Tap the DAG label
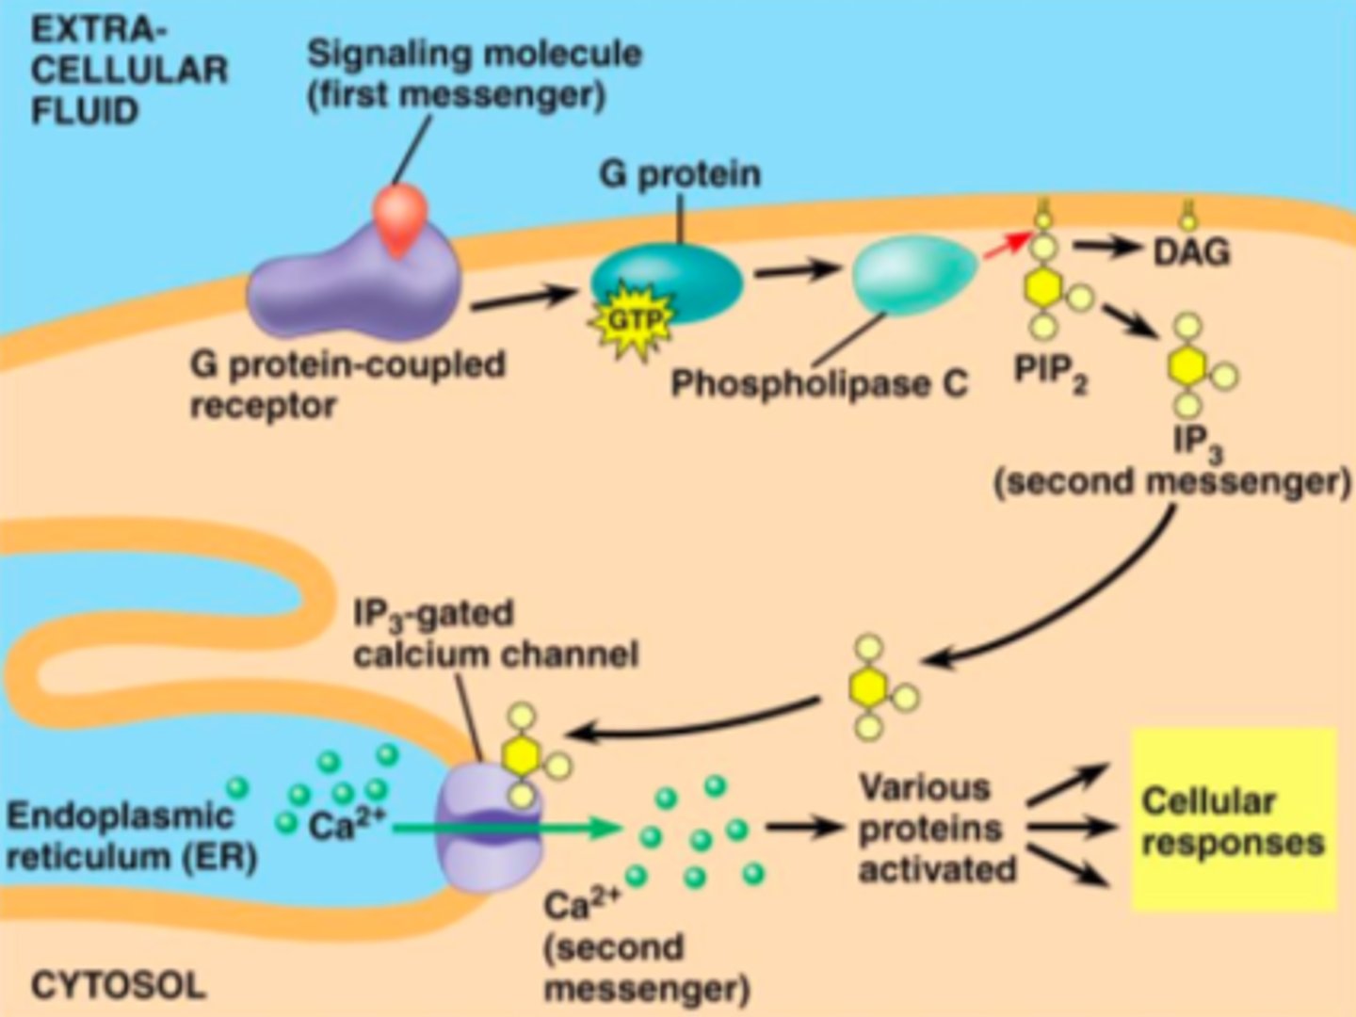coord(1191,252)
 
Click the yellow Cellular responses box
coord(1233,820)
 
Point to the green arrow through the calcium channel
coord(508,829)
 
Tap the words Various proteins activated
coord(937,829)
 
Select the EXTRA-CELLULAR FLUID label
coord(129,72)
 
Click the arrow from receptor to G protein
coord(524,299)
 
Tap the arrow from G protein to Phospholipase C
coord(797,271)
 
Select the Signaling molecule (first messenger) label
coord(474,73)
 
